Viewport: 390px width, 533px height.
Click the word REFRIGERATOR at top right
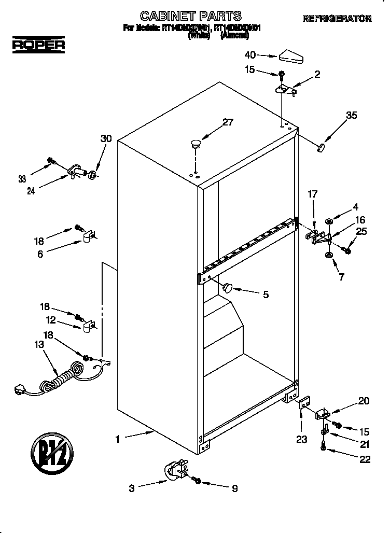tap(337, 19)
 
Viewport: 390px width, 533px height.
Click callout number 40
tap(250, 54)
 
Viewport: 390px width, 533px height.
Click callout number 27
tap(228, 123)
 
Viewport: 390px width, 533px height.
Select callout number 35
tap(352, 115)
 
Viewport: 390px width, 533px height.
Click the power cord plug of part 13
tap(21, 387)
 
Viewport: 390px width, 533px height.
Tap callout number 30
tap(106, 138)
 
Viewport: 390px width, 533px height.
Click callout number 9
tap(234, 488)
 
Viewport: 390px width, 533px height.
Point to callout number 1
tap(118, 439)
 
